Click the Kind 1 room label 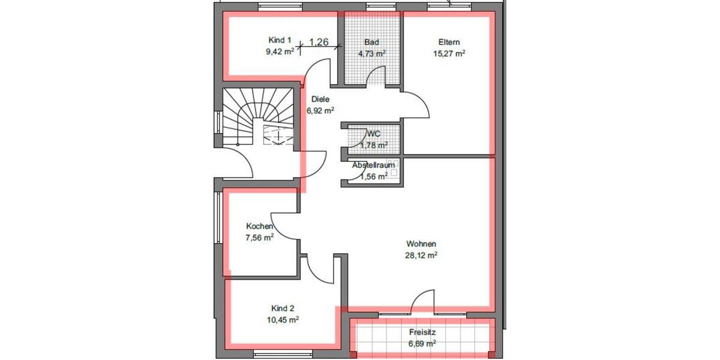tap(280, 40)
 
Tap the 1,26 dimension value tap(319, 42)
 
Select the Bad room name tap(371, 42)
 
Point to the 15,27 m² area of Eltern tap(449, 53)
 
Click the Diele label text tap(320, 100)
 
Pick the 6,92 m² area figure tap(320, 110)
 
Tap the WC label tap(373, 134)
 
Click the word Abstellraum tap(373, 165)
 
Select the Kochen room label tap(260, 226)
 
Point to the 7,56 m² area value tap(260, 237)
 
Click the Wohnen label tap(421, 244)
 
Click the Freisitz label tap(422, 332)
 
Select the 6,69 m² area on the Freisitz tap(422, 343)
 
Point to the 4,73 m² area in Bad tap(371, 53)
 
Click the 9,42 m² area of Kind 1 tap(280, 52)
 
